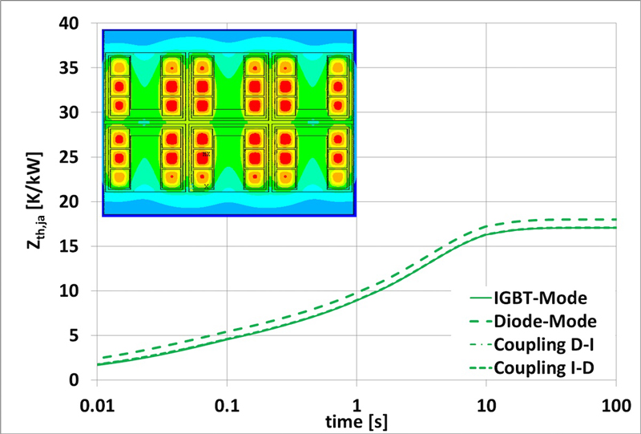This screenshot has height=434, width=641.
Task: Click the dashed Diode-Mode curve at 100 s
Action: point(614,220)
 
